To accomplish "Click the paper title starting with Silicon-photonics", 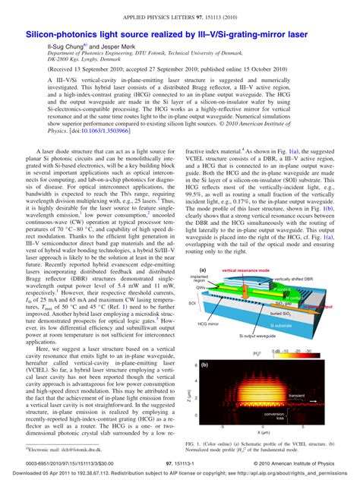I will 179,35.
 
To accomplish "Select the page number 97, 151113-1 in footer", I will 181,463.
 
